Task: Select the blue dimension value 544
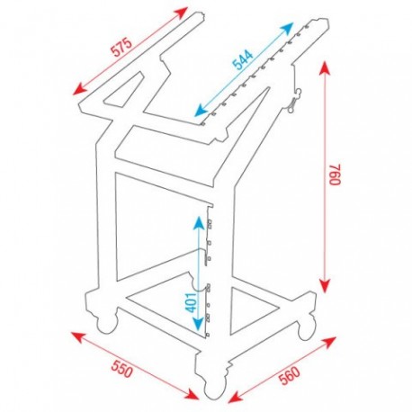(242, 61)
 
